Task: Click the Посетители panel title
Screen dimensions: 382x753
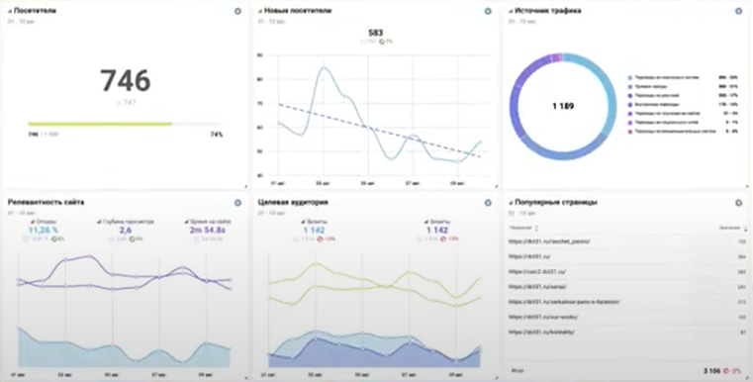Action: (x=35, y=10)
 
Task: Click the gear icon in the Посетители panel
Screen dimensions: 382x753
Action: (x=236, y=10)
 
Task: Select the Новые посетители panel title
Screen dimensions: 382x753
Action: (x=298, y=10)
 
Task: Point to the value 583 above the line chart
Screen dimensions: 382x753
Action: (x=375, y=33)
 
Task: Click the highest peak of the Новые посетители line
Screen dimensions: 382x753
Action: (x=323, y=67)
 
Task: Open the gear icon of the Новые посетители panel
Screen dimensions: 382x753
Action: (x=488, y=10)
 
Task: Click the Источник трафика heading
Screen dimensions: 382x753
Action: (x=547, y=10)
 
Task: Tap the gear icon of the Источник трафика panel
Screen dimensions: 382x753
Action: (x=738, y=10)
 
